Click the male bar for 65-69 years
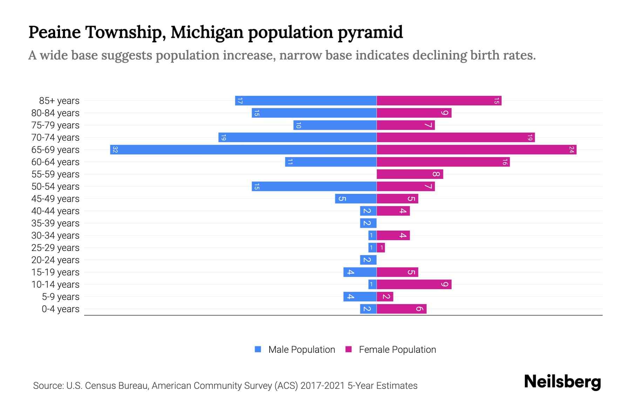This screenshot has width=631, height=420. tap(243, 149)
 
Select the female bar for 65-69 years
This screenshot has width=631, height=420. tap(476, 149)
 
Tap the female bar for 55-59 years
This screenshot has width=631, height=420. tap(410, 174)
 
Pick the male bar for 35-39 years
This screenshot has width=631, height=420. tap(368, 223)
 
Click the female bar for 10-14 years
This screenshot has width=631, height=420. tap(414, 284)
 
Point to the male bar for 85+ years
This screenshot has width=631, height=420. tap(306, 100)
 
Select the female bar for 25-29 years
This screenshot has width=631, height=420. tap(381, 247)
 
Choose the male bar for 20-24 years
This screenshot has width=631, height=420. tap(368, 260)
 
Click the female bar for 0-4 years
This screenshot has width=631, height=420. tap(401, 309)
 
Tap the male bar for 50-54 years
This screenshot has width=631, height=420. tap(314, 186)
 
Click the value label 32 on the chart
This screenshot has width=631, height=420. tap(115, 150)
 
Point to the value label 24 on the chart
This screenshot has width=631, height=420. tap(571, 150)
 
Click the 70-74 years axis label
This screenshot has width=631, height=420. tap(55, 138)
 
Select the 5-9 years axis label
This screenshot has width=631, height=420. tap(61, 297)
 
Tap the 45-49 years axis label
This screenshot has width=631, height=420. tap(55, 199)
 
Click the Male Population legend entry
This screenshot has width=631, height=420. tap(294, 349)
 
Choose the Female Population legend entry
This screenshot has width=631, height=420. tap(391, 349)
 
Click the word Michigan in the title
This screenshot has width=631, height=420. tap(207, 32)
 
